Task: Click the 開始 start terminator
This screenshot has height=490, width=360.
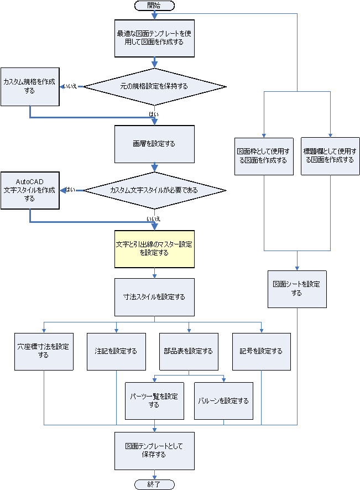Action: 154,5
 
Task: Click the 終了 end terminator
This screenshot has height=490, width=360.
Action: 154,484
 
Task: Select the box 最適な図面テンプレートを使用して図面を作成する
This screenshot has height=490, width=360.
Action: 154,38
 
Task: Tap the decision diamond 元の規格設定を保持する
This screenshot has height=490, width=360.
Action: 154,86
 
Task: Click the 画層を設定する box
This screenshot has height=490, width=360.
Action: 154,144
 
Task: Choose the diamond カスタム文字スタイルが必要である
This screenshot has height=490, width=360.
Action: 154,190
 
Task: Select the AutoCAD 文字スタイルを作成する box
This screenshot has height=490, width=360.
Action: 29,190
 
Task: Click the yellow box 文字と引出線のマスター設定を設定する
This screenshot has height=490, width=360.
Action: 154,248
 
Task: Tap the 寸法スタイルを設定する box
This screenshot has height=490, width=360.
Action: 154,296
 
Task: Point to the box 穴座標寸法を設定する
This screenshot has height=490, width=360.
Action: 44,351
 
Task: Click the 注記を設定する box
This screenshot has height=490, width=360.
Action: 116,351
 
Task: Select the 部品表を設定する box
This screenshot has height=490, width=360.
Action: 189,351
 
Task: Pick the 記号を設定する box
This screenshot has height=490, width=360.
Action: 261,351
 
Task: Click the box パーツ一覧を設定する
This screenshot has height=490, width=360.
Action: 154,400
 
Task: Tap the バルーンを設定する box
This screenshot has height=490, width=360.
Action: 223,400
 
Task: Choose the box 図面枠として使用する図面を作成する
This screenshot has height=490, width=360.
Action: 263,156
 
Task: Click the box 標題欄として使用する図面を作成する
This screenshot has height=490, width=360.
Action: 330,156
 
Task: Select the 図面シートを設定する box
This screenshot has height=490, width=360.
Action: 297,289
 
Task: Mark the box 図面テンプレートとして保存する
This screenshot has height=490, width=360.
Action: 154,450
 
